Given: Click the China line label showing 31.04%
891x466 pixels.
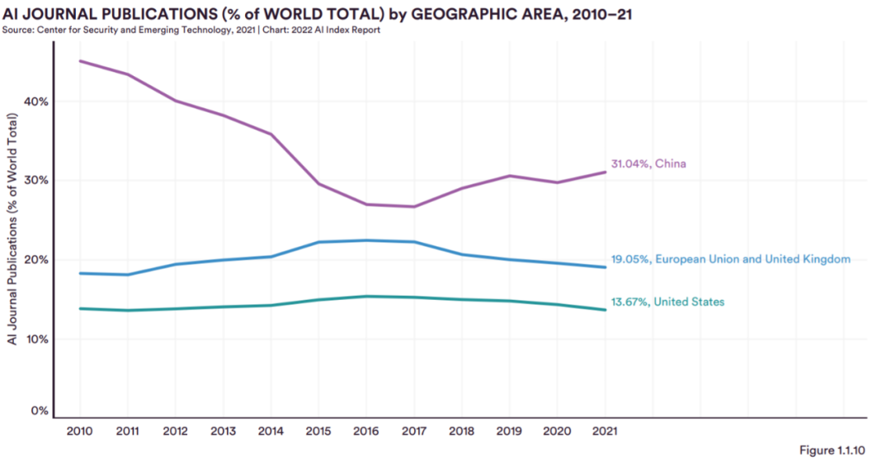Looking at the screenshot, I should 648,164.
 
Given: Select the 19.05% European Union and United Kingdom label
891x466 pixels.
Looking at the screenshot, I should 730,259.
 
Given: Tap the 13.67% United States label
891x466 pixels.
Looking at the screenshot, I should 667,302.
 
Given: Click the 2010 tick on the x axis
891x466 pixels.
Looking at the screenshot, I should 79,430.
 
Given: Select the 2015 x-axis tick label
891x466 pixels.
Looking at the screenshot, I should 318,430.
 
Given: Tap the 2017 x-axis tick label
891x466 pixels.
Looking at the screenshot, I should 414,430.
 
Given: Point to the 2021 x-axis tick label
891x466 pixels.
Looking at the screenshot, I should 606,430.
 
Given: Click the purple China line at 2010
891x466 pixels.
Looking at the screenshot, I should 79,61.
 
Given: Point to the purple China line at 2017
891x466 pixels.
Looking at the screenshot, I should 414,207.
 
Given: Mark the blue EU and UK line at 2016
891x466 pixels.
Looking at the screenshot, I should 366,240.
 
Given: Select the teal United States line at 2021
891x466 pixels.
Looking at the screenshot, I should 606,310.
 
